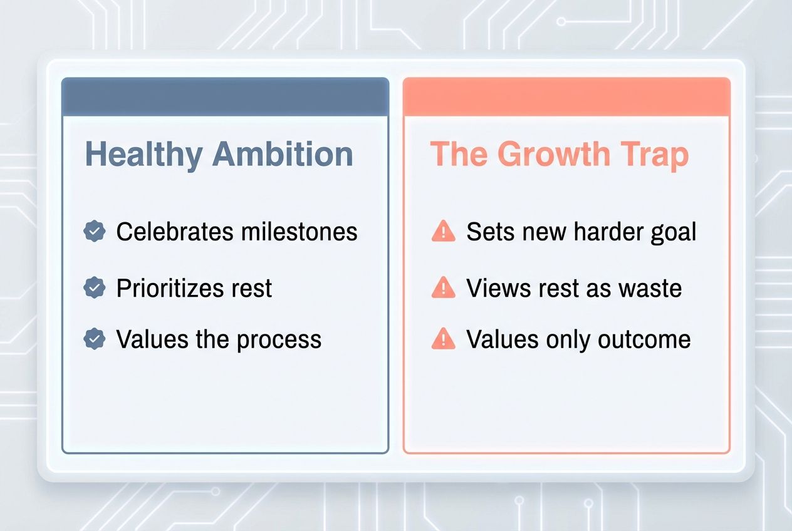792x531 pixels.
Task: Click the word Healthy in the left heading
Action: click(x=143, y=155)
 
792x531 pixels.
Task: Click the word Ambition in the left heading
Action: click(x=283, y=154)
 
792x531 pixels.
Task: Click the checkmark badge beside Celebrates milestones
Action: click(x=95, y=232)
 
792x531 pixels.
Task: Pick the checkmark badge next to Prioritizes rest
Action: click(x=95, y=288)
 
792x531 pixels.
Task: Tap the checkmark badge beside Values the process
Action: click(x=95, y=339)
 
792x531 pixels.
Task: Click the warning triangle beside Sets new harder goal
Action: click(x=444, y=232)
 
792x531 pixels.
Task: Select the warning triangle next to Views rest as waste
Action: click(x=444, y=288)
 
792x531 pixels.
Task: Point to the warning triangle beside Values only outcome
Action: click(x=444, y=339)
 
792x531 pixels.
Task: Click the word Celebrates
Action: click(x=173, y=232)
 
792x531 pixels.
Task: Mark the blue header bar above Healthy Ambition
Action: click(x=225, y=96)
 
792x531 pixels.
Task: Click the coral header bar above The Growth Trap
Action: click(x=566, y=96)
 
